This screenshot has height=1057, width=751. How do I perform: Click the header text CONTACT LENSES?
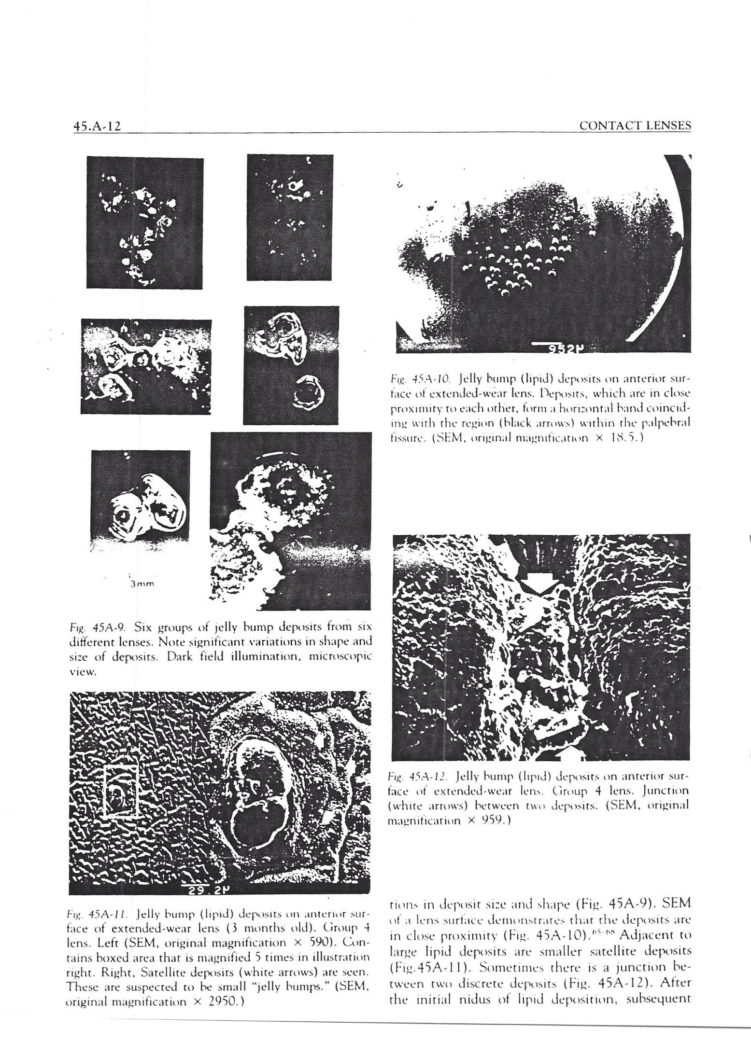[635, 126]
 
